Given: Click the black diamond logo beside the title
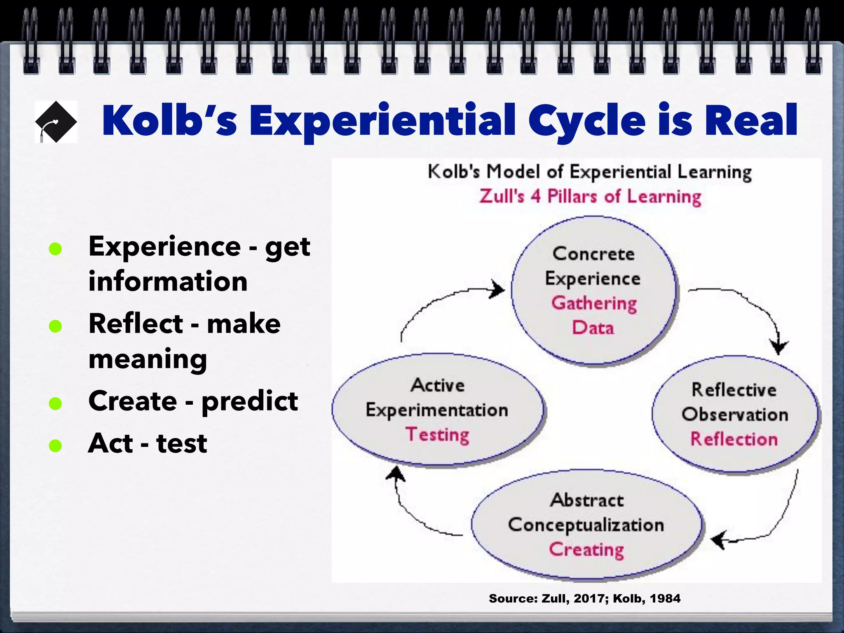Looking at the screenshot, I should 56,122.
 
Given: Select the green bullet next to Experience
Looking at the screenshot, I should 55,249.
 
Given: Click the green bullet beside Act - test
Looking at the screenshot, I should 55,445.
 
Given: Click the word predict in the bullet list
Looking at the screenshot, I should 249,401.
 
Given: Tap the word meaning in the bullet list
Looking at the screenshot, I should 148,359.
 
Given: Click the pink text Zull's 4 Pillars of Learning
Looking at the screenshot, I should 590,197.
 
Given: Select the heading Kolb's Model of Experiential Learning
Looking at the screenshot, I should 590,172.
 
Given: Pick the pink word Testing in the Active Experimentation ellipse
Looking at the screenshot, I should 437,435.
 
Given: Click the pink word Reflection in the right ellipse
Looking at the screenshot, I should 734,439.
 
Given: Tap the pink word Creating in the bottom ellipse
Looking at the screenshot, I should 586,549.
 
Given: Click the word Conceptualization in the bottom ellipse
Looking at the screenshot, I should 586,525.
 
